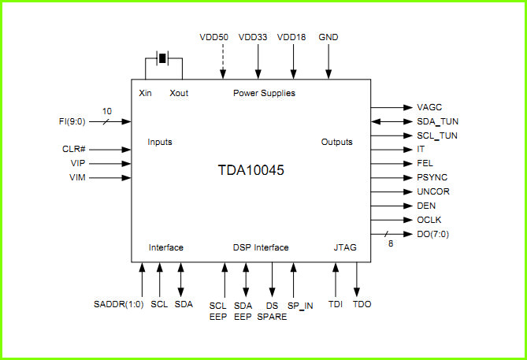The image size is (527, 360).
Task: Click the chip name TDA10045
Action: coord(251,170)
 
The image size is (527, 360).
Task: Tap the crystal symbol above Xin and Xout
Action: coord(163,58)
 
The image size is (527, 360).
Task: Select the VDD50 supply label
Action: coord(213,37)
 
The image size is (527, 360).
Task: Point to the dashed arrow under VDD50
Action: coord(223,62)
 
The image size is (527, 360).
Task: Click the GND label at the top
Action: coord(328,37)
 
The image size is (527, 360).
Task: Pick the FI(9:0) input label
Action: coord(72,121)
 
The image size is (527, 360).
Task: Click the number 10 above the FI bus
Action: coord(107,111)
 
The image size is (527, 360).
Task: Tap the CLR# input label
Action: coord(74,149)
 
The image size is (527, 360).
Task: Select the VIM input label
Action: coord(77,177)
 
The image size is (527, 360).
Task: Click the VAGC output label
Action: coord(429,107)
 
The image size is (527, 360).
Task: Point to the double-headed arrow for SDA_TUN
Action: coord(392,121)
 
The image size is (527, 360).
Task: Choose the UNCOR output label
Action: coord(433,191)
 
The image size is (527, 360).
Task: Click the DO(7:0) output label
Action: coord(432,234)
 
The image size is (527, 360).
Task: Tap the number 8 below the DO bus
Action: coord(391,243)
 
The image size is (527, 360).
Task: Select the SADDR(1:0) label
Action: coord(119,304)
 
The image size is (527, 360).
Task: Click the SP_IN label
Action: coord(300,306)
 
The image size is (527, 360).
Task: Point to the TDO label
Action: coord(362,304)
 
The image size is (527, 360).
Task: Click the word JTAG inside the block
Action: coord(345,247)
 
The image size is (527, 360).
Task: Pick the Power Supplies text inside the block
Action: coord(264,93)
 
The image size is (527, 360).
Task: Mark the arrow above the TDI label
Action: coord(336,280)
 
